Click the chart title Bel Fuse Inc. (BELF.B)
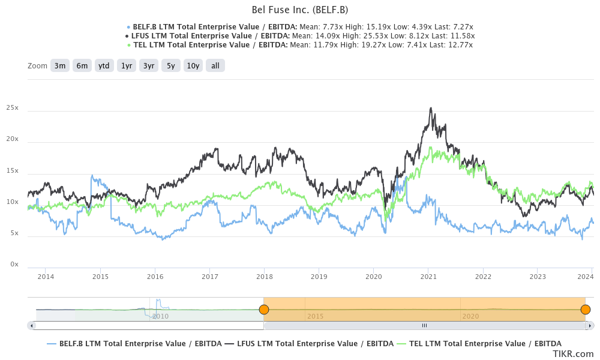[x=299, y=10]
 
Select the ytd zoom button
[x=104, y=65]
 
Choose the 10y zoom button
[x=193, y=65]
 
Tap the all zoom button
[x=215, y=65]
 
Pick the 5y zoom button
[x=170, y=65]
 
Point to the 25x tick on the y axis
[x=13, y=108]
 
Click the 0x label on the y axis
[x=14, y=265]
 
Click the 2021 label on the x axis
[x=428, y=277]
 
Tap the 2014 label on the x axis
[x=46, y=277]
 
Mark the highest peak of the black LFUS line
[x=431, y=109]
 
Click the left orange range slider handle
[x=263, y=310]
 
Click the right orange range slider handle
[x=586, y=310]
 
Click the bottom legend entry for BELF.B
[x=134, y=343]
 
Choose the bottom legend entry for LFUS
[x=310, y=343]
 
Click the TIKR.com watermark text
[x=573, y=354]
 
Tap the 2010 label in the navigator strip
[x=160, y=316]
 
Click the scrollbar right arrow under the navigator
[x=590, y=325]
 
